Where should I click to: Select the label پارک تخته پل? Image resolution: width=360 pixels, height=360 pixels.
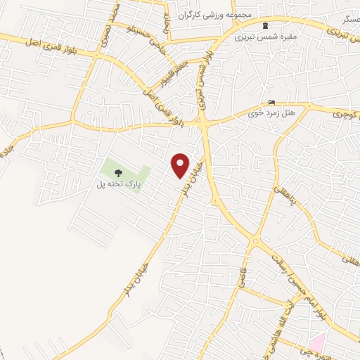(119, 186)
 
